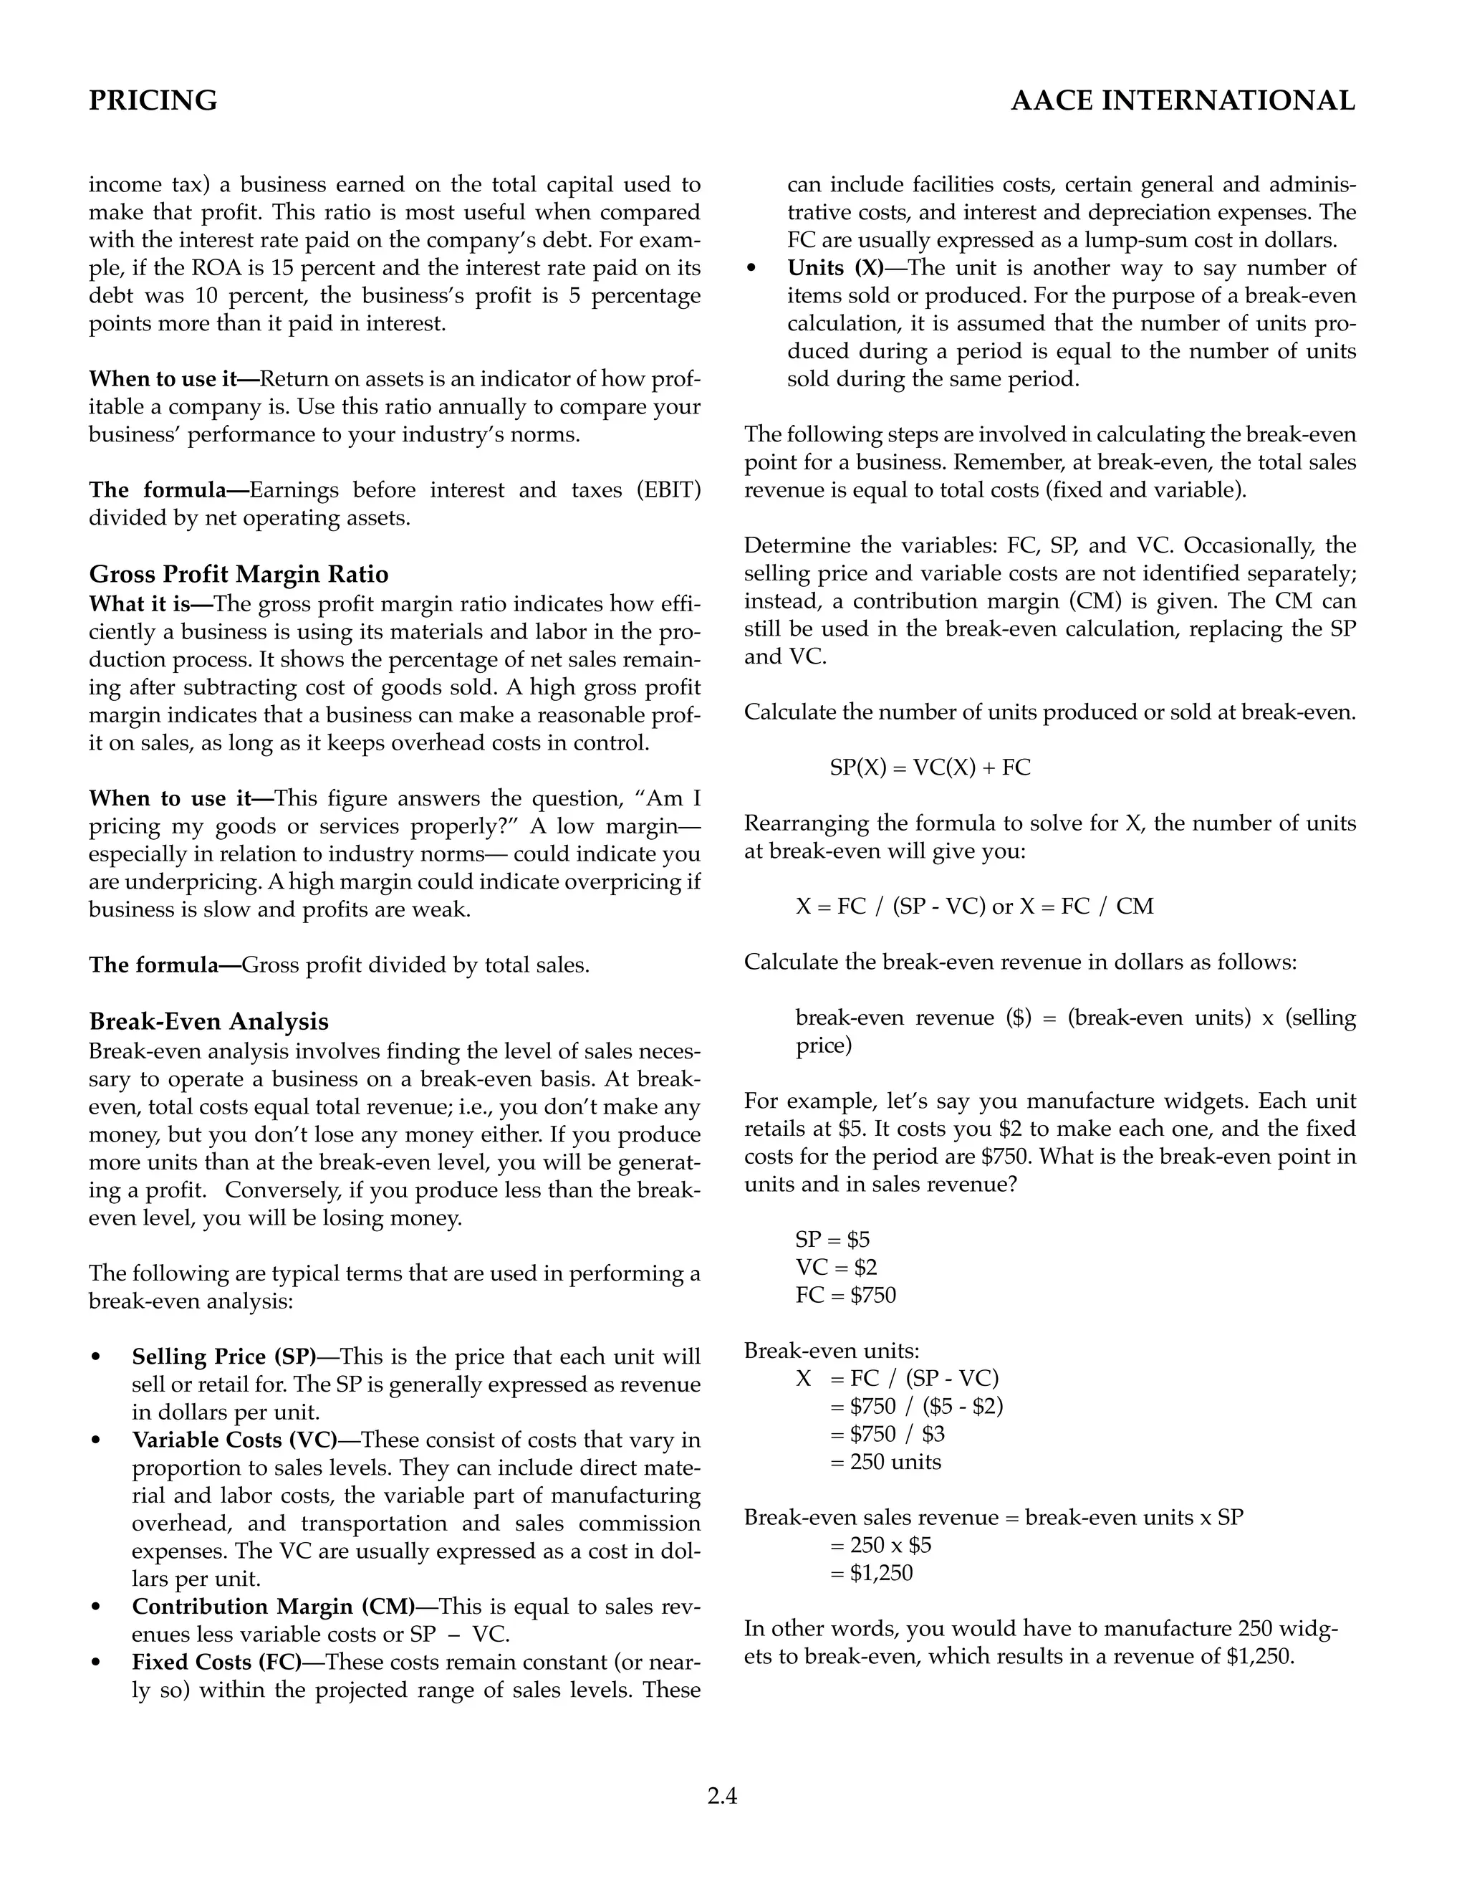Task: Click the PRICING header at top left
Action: [x=153, y=101]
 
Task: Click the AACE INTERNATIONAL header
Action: [x=1182, y=101]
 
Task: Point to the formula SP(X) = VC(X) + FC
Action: [x=930, y=767]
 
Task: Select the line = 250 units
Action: [x=885, y=1462]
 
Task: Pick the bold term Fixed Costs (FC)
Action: [x=216, y=1662]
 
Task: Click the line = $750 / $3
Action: [x=887, y=1434]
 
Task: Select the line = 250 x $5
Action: [x=880, y=1545]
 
